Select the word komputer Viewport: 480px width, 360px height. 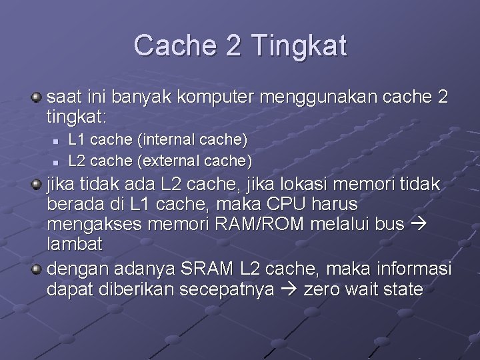coord(226,99)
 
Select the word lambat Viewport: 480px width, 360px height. coord(75,244)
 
